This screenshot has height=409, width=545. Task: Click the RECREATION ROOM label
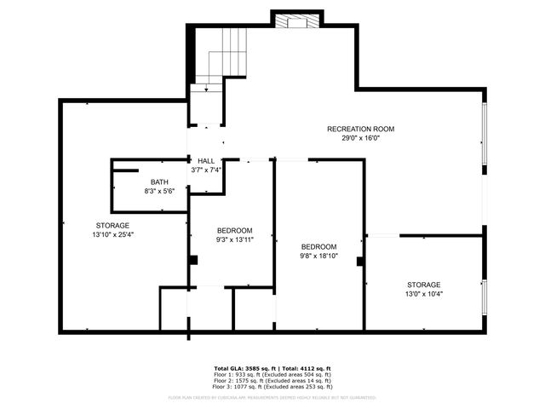(360, 129)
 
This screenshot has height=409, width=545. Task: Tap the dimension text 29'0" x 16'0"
(360, 138)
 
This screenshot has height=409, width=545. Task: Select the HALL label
(206, 160)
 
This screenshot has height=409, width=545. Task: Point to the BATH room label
(159, 182)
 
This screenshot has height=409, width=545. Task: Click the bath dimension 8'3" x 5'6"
(159, 192)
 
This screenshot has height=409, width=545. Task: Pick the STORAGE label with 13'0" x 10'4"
(423, 285)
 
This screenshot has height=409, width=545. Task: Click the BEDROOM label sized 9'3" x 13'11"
(234, 231)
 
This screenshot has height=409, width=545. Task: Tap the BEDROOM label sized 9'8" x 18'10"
(319, 246)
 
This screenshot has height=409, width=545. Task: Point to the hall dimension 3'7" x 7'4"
(206, 170)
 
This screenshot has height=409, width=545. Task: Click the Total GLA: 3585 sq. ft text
(241, 368)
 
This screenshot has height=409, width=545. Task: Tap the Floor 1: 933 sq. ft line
(272, 375)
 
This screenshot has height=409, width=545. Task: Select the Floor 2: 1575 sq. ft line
(272, 381)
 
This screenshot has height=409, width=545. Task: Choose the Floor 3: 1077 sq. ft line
(272, 387)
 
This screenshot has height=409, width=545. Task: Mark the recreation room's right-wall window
(485, 134)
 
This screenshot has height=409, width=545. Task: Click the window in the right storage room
(485, 294)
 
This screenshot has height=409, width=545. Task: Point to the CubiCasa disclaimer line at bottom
(272, 397)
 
